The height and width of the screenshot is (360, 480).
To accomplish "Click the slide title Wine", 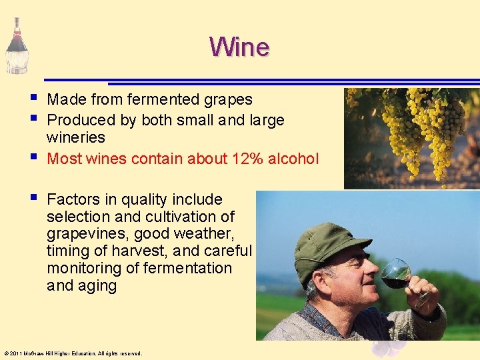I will [239, 47].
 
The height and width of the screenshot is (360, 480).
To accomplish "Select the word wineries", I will [76, 137].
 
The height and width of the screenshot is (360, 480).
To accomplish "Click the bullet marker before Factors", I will [34, 197].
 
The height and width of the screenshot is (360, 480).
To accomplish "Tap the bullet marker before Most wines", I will [34, 157].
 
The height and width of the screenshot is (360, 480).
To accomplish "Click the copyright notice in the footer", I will [73, 353].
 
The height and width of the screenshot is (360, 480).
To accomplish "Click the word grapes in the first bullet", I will [229, 100].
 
